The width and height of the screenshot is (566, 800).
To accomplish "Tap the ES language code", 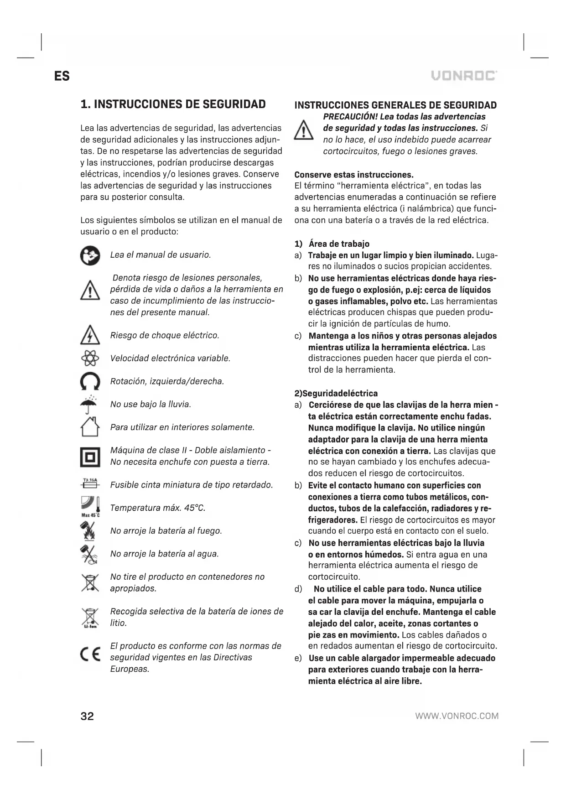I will coord(62,76).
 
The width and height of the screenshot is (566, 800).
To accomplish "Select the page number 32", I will coord(87,716).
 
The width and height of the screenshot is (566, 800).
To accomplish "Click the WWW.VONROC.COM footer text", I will coord(457,716).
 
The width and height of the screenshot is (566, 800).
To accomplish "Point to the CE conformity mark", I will coord(90,657).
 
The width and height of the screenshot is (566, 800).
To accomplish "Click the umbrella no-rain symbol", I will coord(90,404).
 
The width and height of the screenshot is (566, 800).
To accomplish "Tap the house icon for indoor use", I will coord(90,427).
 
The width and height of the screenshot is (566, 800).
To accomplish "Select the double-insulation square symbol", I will coord(90,456).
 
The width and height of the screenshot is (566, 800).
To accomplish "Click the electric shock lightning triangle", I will coord(90,335).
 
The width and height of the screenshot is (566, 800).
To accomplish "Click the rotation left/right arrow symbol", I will coord(90,381).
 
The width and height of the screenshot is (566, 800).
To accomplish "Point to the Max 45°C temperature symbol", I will coord(90,507).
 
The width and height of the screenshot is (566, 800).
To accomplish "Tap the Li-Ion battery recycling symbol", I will coord(90,618).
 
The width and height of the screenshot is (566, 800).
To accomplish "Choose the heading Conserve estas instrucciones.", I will coord(354,175).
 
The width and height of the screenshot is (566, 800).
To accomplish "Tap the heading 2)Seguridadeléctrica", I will coord(336,393).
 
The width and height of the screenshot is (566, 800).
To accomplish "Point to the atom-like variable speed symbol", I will coord(90,358).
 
